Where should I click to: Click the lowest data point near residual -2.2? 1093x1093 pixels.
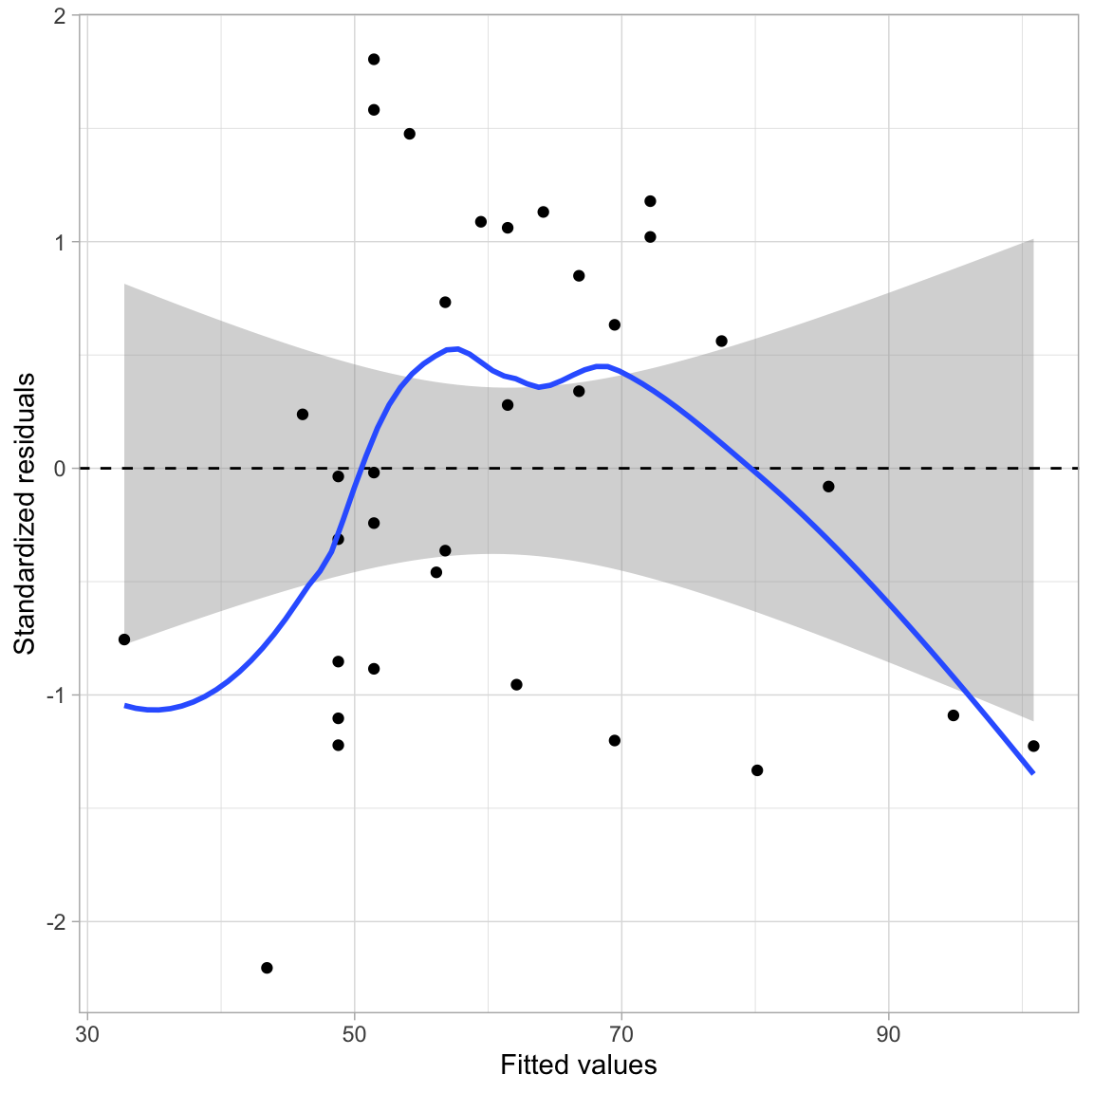tap(267, 968)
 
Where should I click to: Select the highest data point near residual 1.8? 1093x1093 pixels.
tap(374, 59)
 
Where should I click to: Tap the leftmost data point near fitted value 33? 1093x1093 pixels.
tap(124, 639)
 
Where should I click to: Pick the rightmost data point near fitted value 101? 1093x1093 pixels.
tap(1033, 746)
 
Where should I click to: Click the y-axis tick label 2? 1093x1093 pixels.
tap(60, 17)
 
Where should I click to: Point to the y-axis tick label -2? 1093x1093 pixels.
tap(56, 922)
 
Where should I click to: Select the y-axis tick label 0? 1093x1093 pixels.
tap(60, 469)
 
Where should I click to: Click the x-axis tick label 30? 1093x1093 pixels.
tap(87, 1034)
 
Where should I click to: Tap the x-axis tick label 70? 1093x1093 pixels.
tap(621, 1034)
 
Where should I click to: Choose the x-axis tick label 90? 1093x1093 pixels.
tap(889, 1034)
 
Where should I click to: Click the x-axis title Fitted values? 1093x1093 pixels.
tap(578, 1065)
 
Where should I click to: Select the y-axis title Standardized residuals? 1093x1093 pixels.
tap(25, 513)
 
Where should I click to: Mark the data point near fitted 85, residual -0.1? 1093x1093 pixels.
tap(828, 487)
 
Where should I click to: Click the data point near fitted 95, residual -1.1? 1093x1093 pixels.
tap(954, 715)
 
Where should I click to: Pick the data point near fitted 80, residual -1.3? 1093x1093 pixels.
tap(757, 770)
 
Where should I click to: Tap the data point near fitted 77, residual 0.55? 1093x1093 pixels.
tap(721, 341)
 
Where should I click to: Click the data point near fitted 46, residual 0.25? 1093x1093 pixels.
tap(303, 415)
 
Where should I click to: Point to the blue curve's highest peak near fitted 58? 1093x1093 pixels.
tap(456, 348)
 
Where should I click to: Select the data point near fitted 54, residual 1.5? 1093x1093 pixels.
tap(410, 134)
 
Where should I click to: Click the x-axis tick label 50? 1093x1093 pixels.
tap(354, 1034)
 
